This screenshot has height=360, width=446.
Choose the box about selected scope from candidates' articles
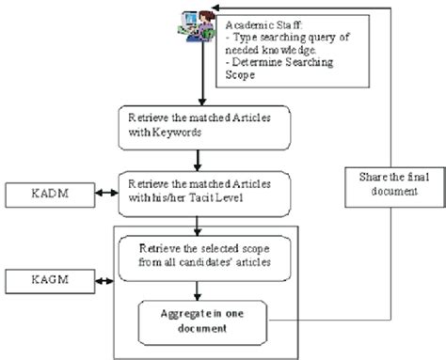(196, 252)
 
